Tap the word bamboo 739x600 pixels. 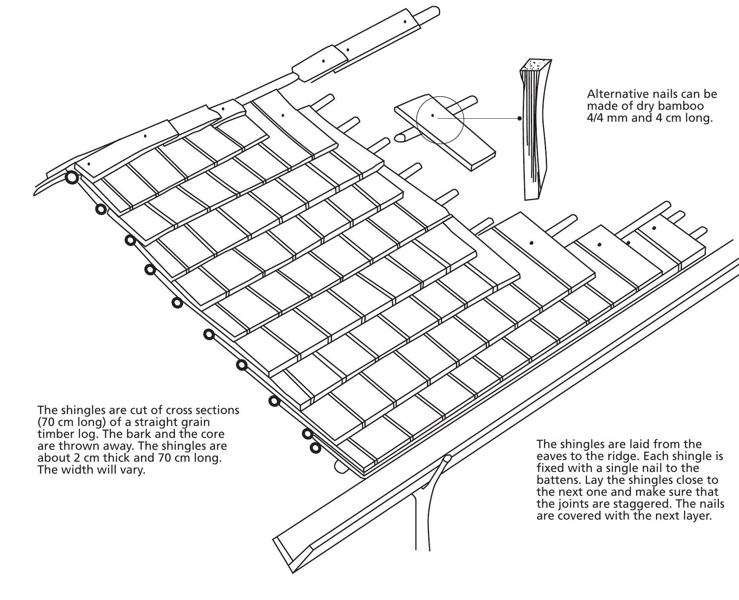pos(681,106)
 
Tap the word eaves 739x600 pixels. pos(553,457)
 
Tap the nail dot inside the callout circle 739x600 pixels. pos(433,115)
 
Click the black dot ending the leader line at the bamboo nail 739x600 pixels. pos(519,118)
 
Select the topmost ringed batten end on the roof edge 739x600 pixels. pos(72,177)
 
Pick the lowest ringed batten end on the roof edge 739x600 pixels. pos(315,448)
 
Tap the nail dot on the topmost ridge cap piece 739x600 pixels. pos(405,21)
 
